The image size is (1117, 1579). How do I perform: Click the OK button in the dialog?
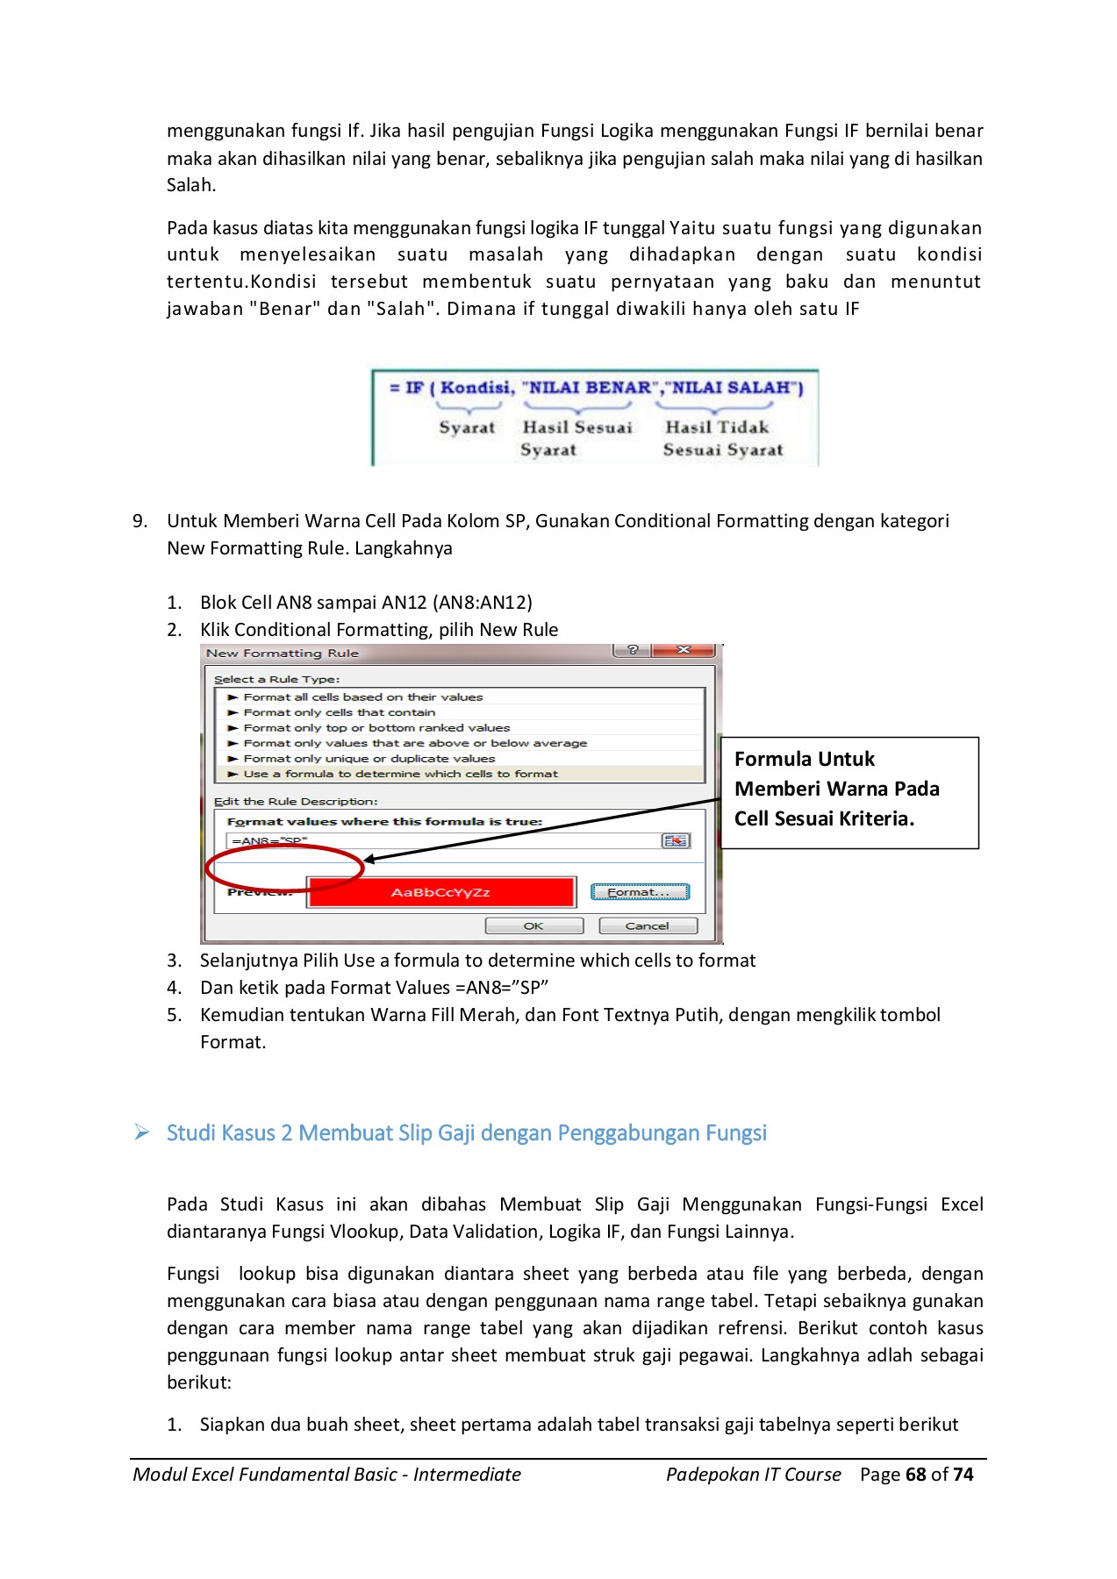click(533, 925)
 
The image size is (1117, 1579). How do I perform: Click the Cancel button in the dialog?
click(648, 925)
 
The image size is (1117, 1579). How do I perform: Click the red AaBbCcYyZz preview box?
click(441, 892)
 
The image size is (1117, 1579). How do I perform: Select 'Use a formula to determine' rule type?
click(400, 774)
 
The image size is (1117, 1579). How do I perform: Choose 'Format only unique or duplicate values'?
click(369, 759)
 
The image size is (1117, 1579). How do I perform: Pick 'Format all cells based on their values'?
click(362, 697)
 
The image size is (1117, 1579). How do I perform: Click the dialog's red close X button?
click(684, 650)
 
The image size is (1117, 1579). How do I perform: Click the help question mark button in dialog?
click(633, 650)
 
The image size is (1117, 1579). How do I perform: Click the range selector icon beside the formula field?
click(676, 840)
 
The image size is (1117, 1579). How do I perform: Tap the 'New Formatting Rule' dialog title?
click(283, 654)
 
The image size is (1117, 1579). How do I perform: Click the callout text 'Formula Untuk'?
click(805, 759)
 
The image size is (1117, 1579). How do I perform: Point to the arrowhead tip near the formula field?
click(367, 860)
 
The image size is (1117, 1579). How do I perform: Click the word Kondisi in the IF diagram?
click(476, 388)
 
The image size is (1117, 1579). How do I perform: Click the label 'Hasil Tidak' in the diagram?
click(717, 427)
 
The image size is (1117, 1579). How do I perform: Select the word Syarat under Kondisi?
click(467, 428)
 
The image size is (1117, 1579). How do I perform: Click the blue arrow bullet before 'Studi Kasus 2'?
click(142, 1132)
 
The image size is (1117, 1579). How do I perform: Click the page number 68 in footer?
click(915, 1475)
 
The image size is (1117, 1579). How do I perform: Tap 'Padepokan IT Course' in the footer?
click(753, 1475)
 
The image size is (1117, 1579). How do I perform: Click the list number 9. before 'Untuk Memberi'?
click(140, 521)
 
